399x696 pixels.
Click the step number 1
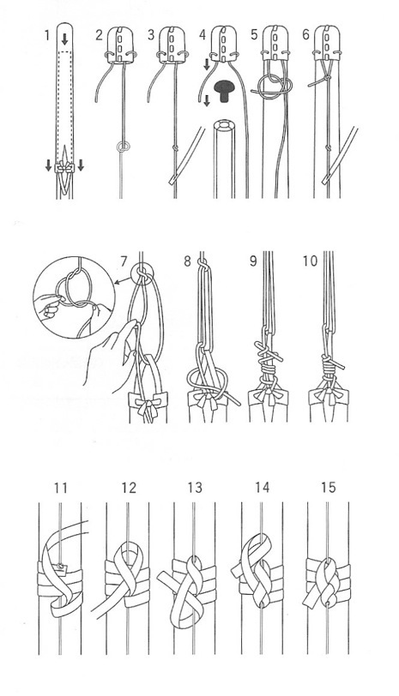tap(47, 34)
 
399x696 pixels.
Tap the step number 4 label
tap(203, 34)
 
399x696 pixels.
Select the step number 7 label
tap(124, 261)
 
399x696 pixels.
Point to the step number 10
tap(310, 261)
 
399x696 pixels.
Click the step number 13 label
tap(195, 488)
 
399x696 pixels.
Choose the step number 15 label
tap(329, 488)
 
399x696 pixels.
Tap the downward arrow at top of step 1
tap(65, 39)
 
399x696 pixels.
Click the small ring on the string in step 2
tap(123, 147)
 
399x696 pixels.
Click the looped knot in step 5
tap(271, 85)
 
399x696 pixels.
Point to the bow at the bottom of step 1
tap(65, 168)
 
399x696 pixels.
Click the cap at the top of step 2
tap(120, 44)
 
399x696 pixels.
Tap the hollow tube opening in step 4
tap(227, 126)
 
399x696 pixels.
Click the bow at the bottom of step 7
tap(148, 409)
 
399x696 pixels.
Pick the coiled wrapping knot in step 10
tap(329, 368)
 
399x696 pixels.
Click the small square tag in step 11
tap(60, 567)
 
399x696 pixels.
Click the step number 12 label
tap(129, 488)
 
